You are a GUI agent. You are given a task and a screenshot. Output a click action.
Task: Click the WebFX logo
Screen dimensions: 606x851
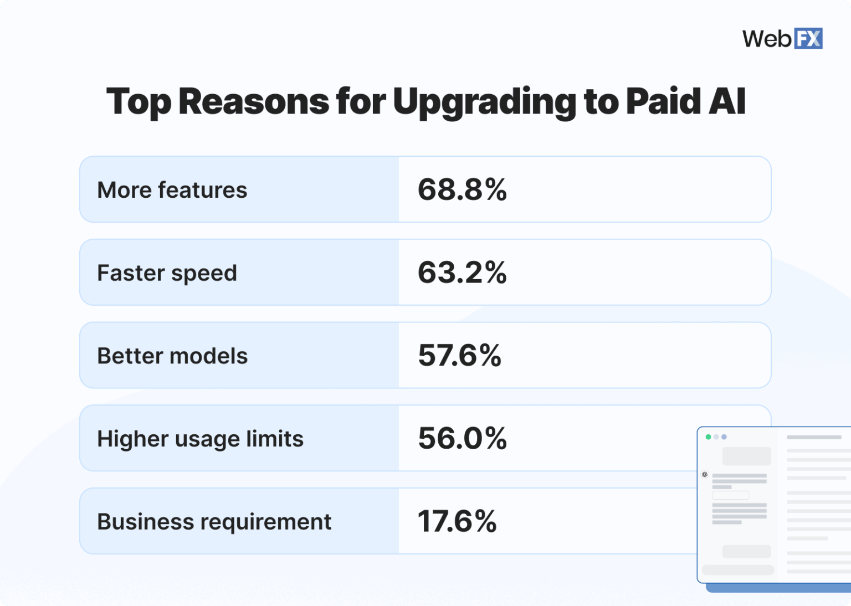tap(782, 39)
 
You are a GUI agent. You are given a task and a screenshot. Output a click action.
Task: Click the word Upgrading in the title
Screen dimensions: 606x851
tap(484, 102)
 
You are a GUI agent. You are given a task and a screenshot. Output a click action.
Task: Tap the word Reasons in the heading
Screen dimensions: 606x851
tap(253, 102)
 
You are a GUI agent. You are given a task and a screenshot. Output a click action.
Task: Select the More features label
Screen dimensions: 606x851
tap(172, 190)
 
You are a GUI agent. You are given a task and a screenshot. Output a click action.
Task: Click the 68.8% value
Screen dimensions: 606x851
tap(462, 189)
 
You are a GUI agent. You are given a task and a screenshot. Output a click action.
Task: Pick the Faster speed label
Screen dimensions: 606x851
tap(167, 273)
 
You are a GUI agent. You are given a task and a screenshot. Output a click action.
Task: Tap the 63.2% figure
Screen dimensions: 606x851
tap(462, 273)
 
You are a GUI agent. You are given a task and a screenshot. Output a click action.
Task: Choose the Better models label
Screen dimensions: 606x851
tap(172, 356)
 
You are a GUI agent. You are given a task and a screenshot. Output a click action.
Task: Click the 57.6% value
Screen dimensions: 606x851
tap(459, 356)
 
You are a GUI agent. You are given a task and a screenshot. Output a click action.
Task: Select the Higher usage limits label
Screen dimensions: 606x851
tap(200, 439)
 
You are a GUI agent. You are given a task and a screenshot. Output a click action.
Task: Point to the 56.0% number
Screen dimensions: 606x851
tap(462, 438)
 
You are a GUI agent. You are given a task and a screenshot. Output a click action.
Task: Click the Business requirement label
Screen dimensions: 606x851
tap(214, 522)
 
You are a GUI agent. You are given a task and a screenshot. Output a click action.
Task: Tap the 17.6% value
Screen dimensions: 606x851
tap(457, 521)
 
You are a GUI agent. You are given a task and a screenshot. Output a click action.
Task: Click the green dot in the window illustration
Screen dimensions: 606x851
tap(708, 437)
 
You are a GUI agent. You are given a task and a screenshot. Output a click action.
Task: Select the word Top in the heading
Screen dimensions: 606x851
tap(139, 102)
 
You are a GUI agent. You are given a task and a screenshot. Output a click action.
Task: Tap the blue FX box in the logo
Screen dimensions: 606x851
tap(808, 39)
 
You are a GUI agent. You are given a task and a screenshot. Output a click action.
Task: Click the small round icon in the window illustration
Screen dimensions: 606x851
tap(705, 475)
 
